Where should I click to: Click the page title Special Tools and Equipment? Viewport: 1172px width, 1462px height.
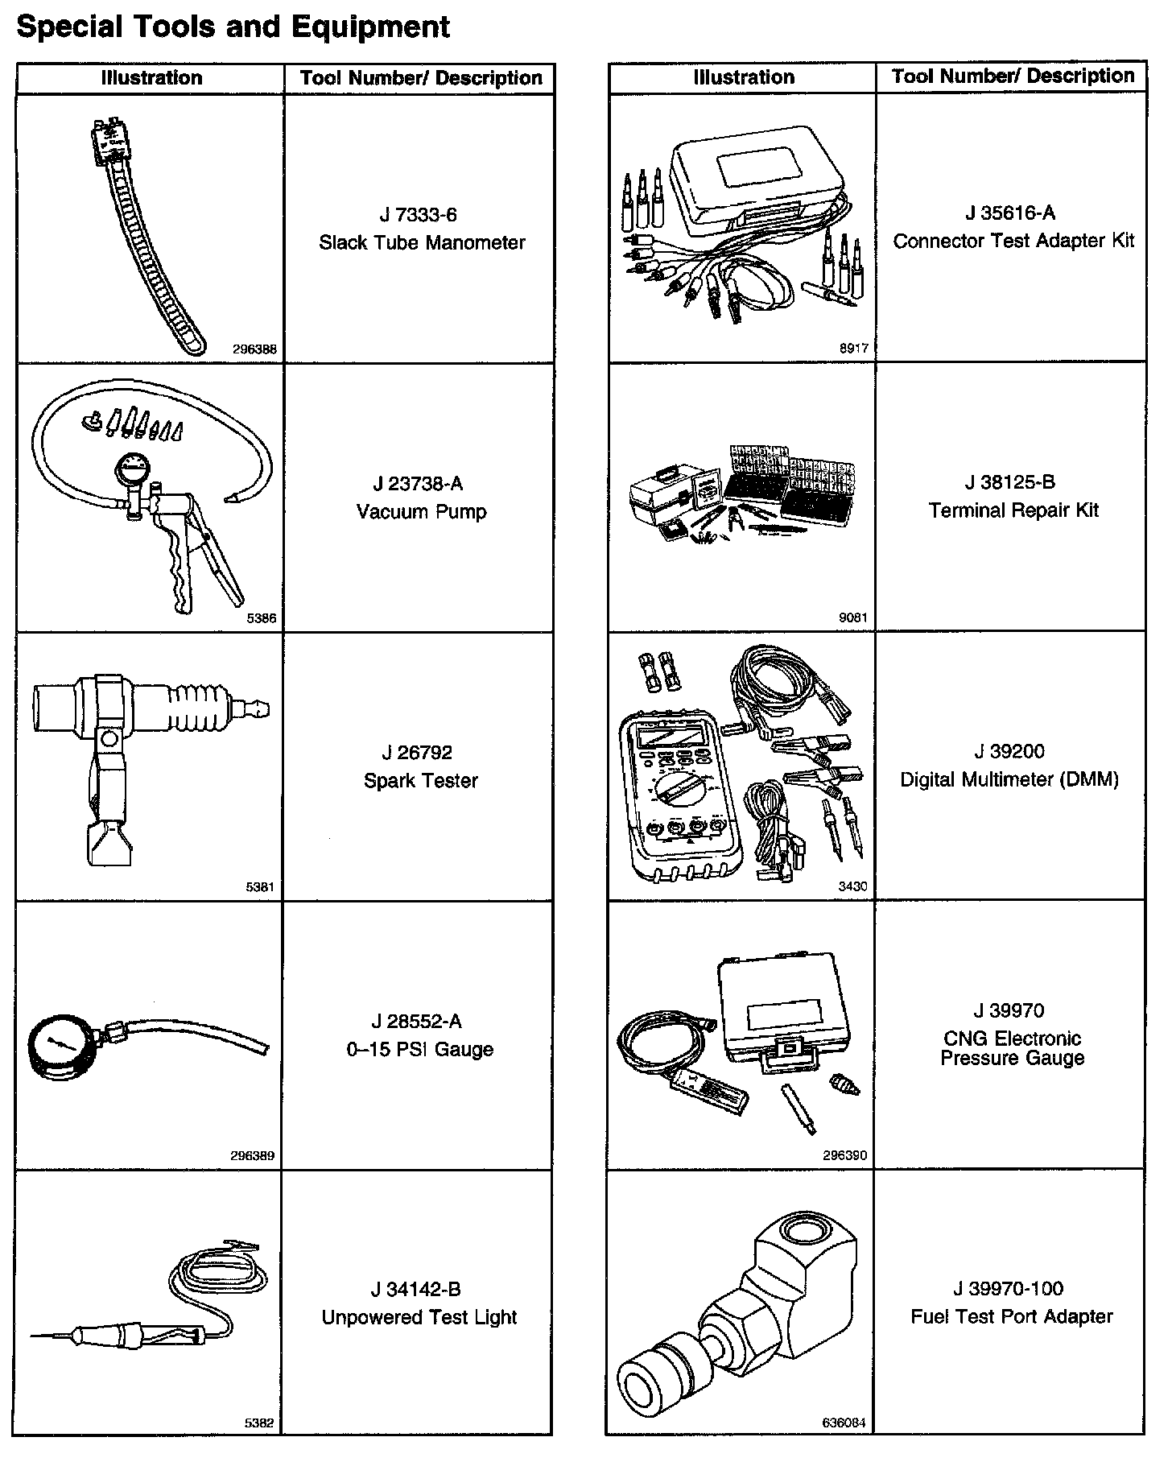tap(233, 27)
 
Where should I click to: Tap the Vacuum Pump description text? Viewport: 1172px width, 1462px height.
tap(421, 511)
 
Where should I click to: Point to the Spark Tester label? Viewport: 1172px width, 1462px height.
tap(420, 780)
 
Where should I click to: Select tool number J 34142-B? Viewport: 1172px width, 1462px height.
tap(415, 1289)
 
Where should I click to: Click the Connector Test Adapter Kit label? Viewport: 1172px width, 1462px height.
tap(1013, 241)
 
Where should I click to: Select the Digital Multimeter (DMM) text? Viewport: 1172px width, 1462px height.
tap(1009, 779)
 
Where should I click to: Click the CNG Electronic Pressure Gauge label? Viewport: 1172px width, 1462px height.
tap(1011, 1047)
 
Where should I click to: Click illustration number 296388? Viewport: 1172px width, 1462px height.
tap(254, 349)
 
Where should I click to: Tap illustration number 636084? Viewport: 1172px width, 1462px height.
tap(844, 1423)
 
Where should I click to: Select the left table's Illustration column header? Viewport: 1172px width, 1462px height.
tap(151, 78)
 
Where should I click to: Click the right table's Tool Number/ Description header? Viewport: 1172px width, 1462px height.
tap(1012, 76)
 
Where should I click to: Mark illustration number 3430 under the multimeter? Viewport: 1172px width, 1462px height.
tap(852, 886)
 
